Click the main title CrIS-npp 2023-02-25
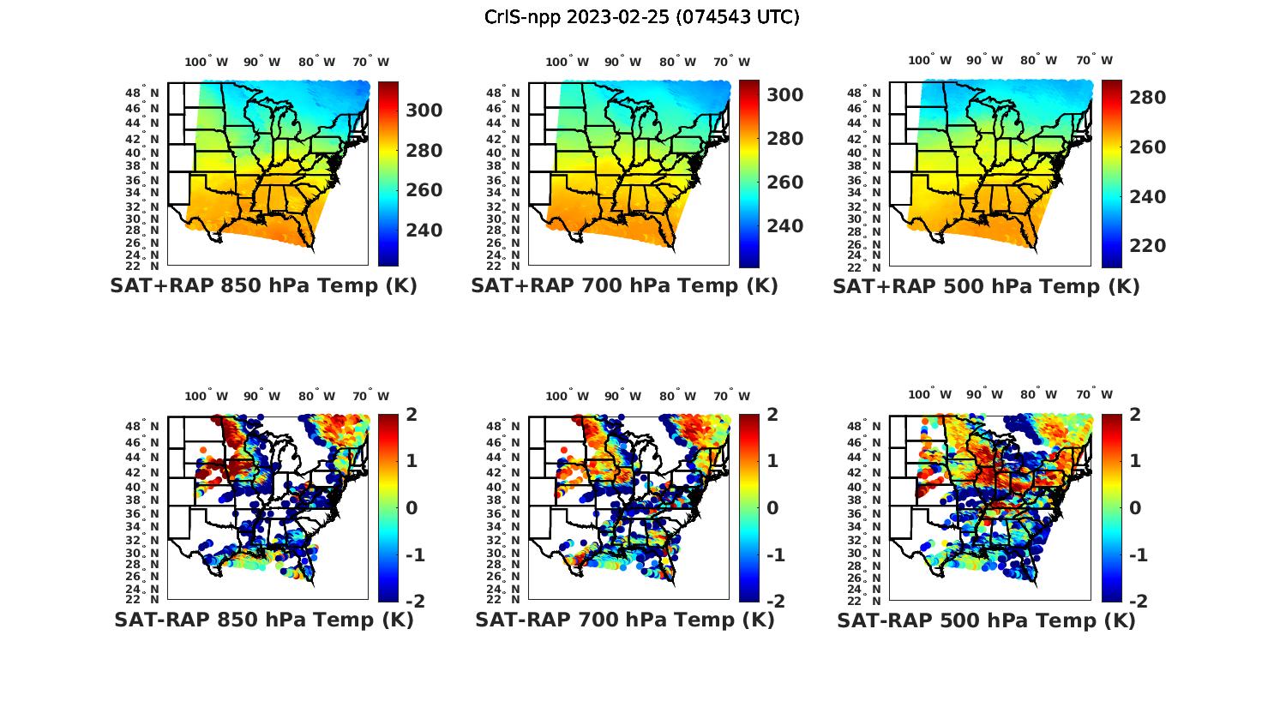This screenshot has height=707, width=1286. pos(642,16)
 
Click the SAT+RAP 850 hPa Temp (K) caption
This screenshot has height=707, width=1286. pos(263,286)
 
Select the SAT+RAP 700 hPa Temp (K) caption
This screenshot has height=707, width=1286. pos(624,286)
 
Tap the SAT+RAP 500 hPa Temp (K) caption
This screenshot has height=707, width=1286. pos(986,286)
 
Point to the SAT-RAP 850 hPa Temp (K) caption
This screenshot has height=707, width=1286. pos(263,620)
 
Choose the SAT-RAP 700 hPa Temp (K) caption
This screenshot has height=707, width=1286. pos(624,620)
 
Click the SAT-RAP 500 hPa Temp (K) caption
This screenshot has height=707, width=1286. pos(986,620)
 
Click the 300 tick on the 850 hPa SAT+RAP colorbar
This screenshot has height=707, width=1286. pos(424,111)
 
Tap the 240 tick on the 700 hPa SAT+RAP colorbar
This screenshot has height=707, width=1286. pos(784,226)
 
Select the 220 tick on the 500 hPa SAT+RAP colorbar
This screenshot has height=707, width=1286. pos(1147,246)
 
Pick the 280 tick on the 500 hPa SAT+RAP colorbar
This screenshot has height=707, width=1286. pos(1147,98)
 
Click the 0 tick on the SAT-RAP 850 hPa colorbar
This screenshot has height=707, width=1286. pos(411,508)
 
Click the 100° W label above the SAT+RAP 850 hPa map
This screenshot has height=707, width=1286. pos(206,62)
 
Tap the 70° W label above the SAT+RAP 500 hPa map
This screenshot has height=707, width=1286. pos(1094,60)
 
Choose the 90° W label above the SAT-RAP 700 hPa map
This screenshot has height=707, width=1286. pos(623,396)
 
